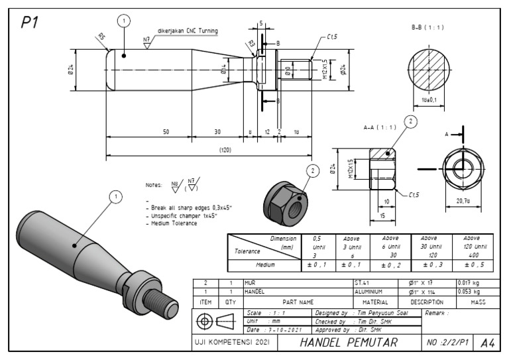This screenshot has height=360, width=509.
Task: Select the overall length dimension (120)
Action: click(225, 150)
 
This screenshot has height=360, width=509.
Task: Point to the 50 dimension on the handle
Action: click(166, 132)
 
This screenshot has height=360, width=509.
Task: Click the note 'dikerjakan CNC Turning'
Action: click(188, 30)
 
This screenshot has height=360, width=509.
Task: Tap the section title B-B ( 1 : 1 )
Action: click(427, 28)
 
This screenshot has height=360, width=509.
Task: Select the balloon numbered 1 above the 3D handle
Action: click(117, 196)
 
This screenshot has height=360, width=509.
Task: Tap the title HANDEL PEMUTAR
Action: click(349, 342)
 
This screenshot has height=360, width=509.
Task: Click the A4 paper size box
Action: click(488, 342)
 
